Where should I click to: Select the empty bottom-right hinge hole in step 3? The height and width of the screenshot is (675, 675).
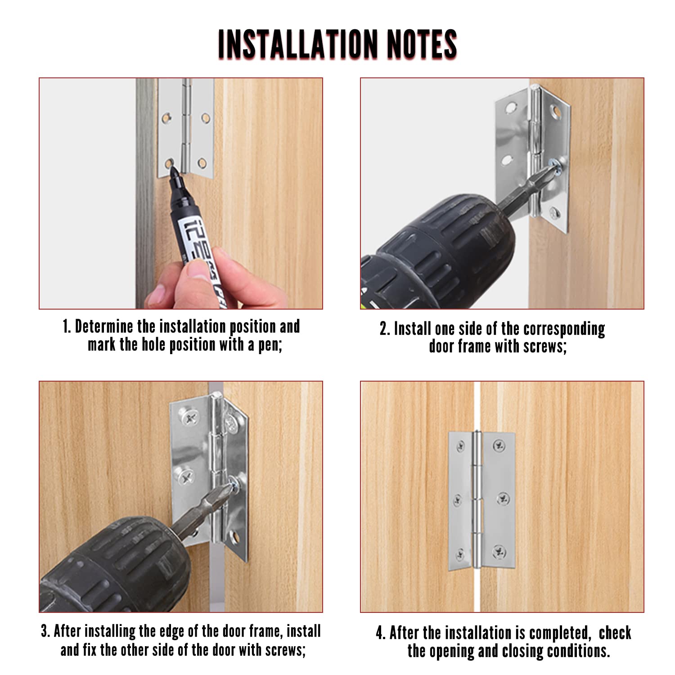coord(234,536)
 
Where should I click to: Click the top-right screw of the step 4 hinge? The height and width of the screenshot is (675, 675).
coord(498,445)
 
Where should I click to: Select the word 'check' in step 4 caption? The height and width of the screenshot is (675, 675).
coord(615,633)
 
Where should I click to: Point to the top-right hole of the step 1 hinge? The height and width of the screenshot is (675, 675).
coord(206,118)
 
